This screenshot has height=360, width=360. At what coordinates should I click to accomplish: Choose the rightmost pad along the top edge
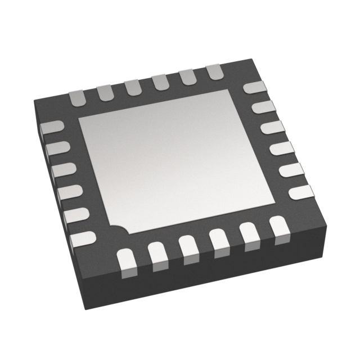tap(215, 71)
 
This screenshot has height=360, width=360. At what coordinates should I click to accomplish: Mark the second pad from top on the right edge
tap(262, 107)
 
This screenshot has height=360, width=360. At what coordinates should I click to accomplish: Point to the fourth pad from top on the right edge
tap(280, 150)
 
